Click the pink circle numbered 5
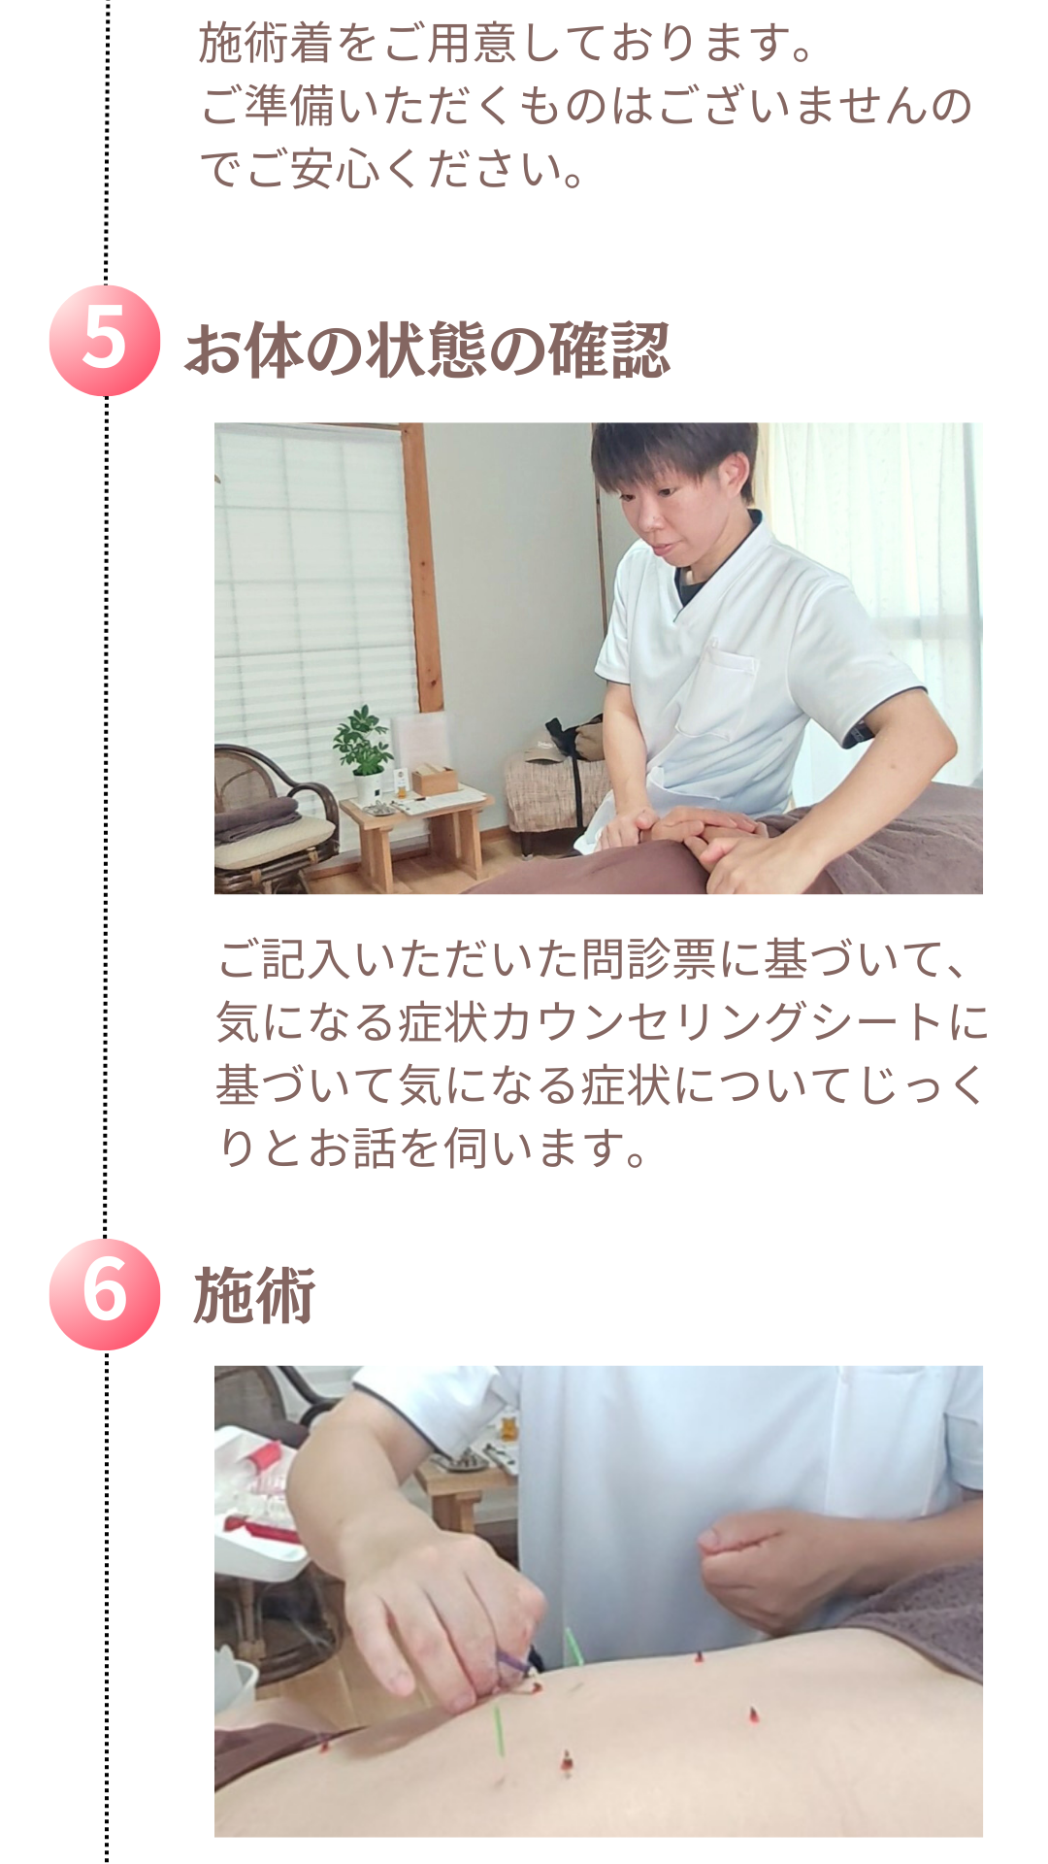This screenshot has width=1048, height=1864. (x=105, y=341)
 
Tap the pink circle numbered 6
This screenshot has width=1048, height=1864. (x=105, y=1294)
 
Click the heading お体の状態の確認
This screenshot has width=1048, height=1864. (x=427, y=350)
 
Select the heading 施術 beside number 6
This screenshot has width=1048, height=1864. (x=254, y=1296)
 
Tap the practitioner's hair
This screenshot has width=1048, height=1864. (x=673, y=456)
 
